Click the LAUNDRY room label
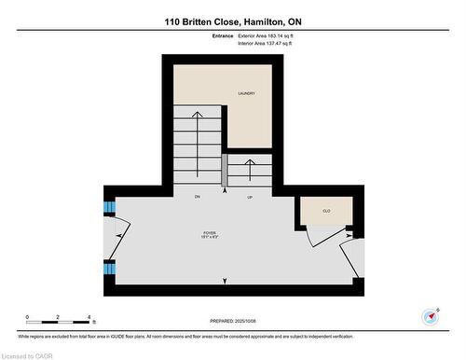pos(246,93)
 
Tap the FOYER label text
pos(211,232)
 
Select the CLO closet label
pos(326,212)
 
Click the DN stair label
pos(198,197)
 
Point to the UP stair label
pos(250,197)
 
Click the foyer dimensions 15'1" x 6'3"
pos(211,238)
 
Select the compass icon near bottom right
pos(431,315)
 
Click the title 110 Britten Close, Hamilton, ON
pos(232,21)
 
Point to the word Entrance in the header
pos(223,35)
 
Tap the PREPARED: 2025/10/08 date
pos(232,322)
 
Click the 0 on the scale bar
pos(27,317)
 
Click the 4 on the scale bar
pos(88,317)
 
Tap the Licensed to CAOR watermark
pos(27,353)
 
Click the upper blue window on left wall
pos(108,207)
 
